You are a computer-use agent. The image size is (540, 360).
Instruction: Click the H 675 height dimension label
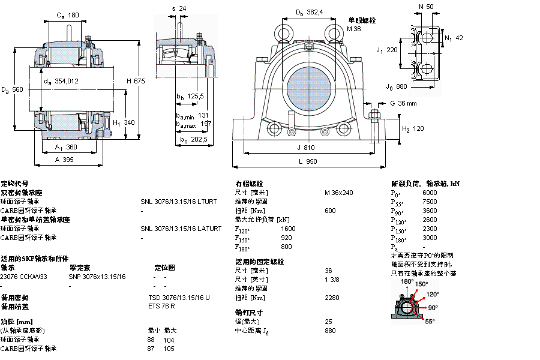pos(136,82)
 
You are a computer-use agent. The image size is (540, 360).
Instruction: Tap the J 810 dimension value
pos(305,147)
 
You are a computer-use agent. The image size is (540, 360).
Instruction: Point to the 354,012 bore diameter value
pos(66,81)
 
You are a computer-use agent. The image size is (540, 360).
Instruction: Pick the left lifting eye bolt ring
pos(281,31)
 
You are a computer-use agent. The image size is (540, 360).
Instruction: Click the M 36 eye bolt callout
pos(354,29)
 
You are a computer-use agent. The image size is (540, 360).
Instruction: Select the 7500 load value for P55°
pos(430,202)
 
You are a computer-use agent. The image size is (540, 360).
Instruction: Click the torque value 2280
pos(332,298)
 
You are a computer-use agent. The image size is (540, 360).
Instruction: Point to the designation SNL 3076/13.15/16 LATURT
pos(181,229)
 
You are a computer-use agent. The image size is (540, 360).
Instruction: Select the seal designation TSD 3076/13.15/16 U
pos(179,298)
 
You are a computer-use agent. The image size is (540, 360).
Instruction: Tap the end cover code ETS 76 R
pos(161,307)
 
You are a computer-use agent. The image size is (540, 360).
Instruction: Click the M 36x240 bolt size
pos(339,193)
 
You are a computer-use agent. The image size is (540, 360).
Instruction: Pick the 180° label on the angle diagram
pos(407,281)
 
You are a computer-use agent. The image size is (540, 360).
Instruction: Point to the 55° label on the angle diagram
pos(430,322)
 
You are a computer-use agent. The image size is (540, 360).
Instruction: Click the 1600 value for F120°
pos(288,229)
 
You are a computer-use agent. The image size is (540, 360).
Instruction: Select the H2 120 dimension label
pos(413,129)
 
